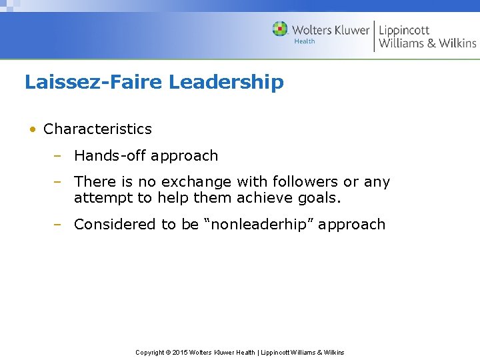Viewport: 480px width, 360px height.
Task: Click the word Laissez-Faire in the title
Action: (x=93, y=82)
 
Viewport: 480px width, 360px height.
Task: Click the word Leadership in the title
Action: (x=226, y=82)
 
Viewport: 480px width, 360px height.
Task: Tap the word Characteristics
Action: (x=97, y=129)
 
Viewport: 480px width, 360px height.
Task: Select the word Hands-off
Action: (x=109, y=155)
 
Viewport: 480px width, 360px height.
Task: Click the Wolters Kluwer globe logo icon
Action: (x=280, y=29)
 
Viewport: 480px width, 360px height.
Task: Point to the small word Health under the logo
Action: (x=305, y=41)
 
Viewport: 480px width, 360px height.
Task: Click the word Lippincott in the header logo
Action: (x=404, y=30)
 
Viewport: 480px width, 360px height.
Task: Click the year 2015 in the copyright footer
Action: (x=179, y=352)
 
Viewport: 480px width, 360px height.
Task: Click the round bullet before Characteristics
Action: (x=32, y=129)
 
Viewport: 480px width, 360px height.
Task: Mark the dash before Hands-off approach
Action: (x=58, y=155)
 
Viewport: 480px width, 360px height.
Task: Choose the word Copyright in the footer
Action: (x=149, y=352)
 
